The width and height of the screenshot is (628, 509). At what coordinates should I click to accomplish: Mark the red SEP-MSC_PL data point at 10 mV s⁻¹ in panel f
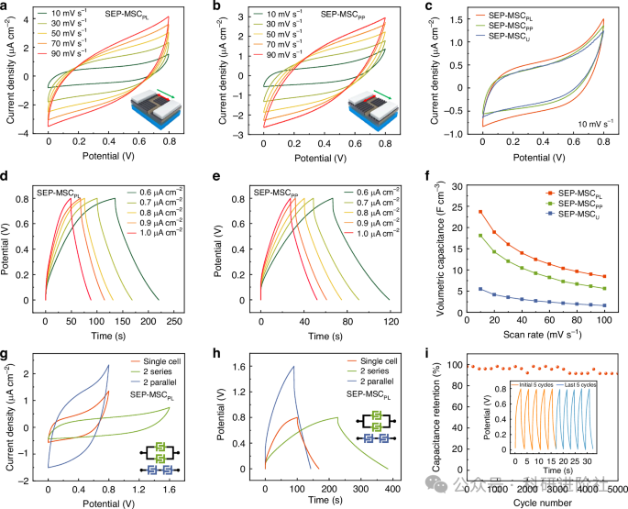[480, 212]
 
